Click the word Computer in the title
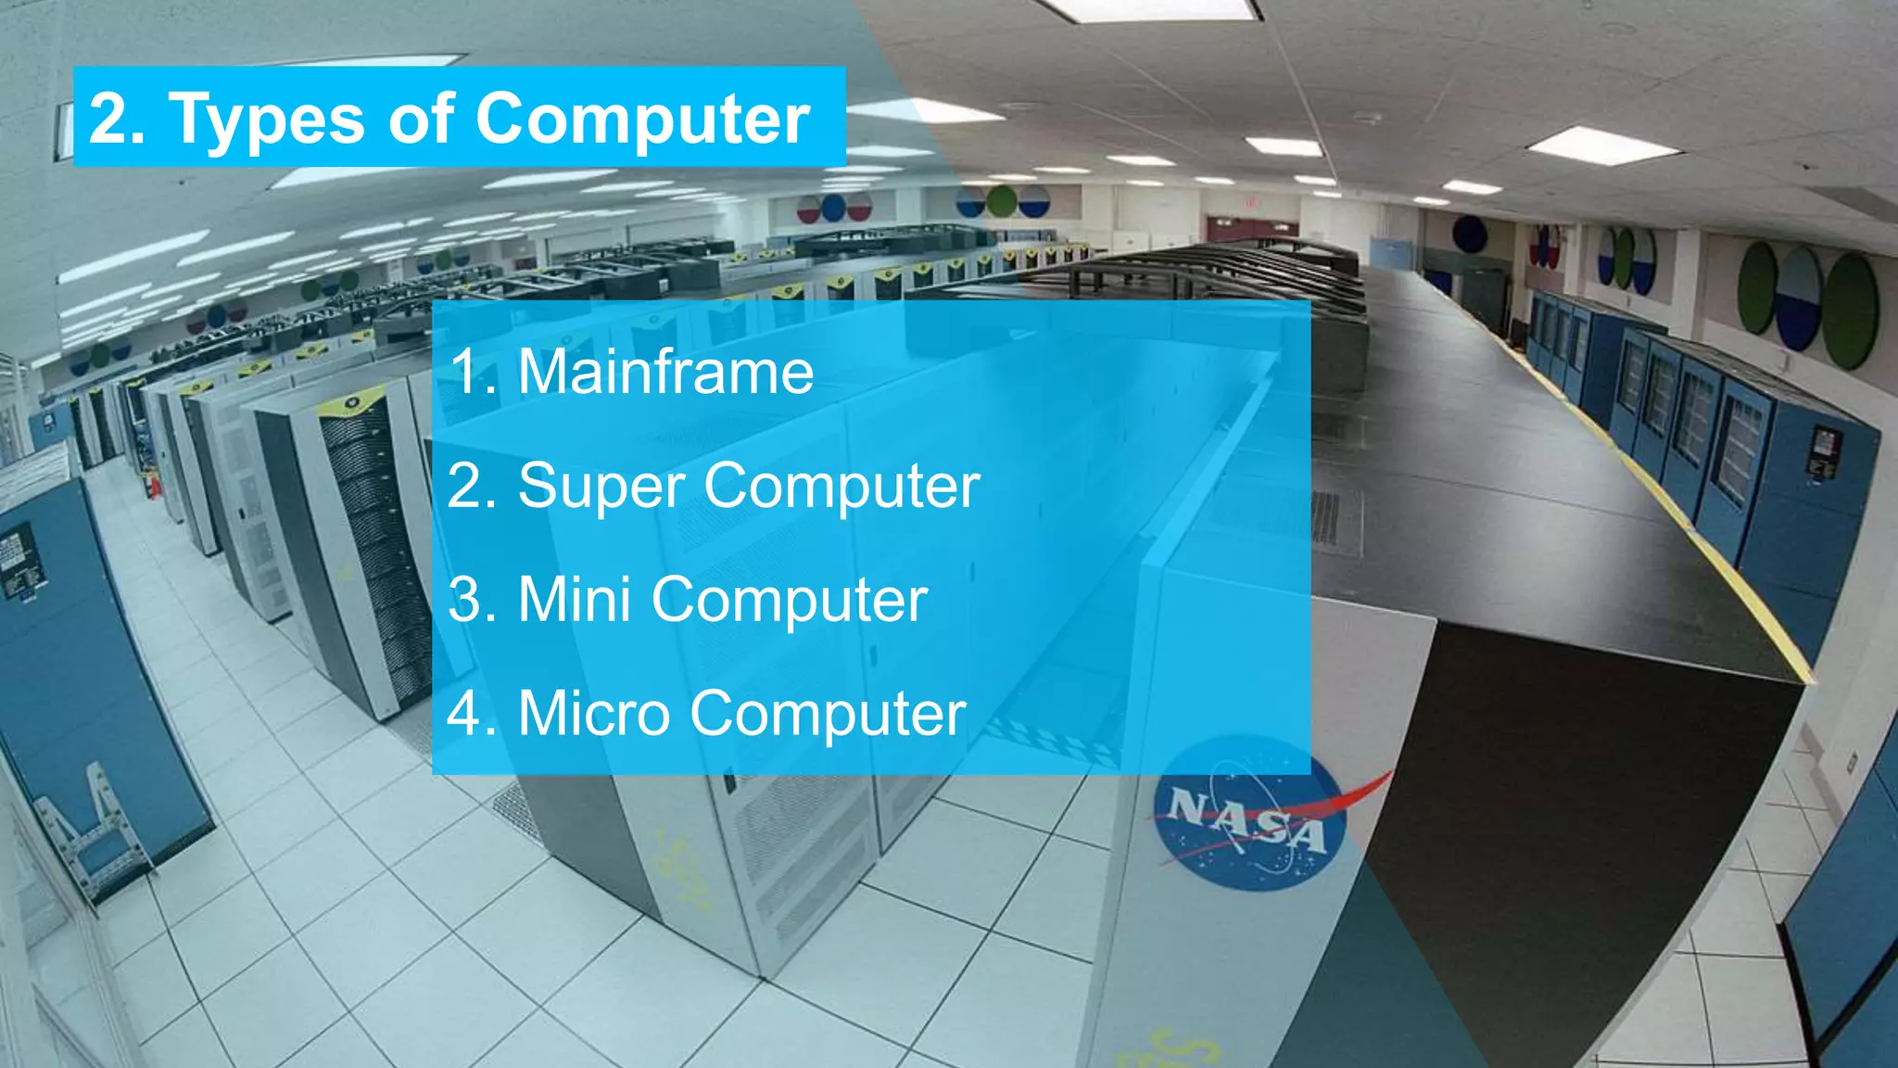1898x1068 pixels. (642, 120)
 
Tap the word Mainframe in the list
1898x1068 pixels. (665, 372)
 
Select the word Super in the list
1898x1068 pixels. (602, 486)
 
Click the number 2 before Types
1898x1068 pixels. (109, 119)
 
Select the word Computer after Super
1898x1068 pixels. (841, 486)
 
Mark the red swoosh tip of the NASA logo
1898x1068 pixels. (1381, 779)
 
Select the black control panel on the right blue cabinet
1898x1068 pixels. (1823, 453)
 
